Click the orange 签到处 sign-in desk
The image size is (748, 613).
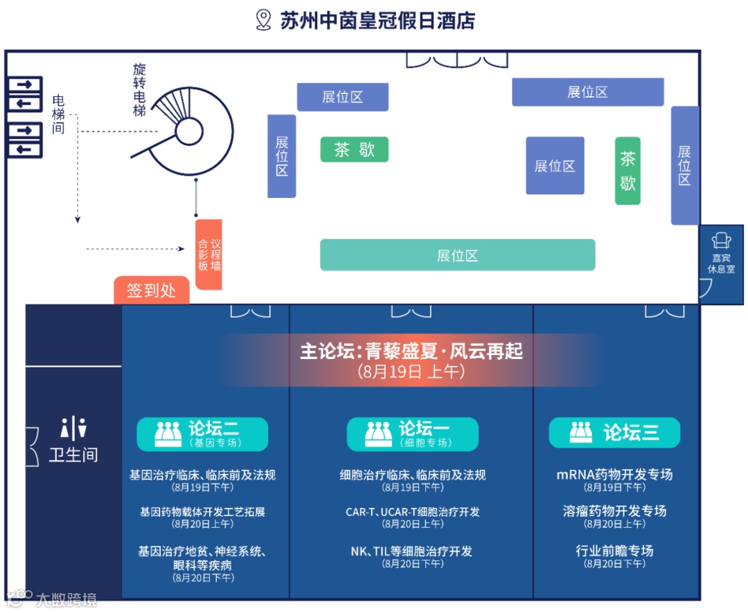(152, 290)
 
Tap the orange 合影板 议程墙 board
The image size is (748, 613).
(208, 255)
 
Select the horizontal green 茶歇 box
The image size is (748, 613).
(354, 149)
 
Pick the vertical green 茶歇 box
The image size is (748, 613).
(627, 171)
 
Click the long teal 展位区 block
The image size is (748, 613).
(457, 255)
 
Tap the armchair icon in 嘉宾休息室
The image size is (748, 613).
(721, 240)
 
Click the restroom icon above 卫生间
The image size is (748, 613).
(73, 428)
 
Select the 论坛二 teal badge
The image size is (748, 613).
(202, 434)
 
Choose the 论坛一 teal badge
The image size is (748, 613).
(412, 434)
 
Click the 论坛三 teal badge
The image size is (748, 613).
(614, 433)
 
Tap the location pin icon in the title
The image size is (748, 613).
(263, 19)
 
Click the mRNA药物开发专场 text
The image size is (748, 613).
(614, 475)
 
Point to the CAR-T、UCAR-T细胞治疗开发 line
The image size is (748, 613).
(412, 512)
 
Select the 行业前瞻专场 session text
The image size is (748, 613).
(614, 551)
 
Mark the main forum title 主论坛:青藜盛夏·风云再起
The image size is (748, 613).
(411, 351)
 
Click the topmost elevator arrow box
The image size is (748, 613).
(25, 85)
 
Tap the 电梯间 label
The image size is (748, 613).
(58, 115)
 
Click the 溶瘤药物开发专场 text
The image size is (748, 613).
(614, 511)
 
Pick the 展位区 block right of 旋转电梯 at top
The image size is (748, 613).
(342, 97)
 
